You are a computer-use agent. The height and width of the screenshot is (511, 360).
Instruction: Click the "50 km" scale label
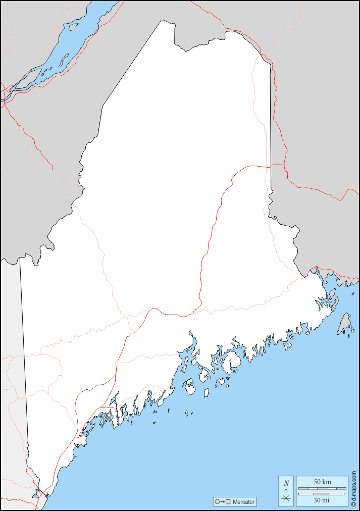tap(322, 482)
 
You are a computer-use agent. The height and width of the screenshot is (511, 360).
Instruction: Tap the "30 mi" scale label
tap(322, 500)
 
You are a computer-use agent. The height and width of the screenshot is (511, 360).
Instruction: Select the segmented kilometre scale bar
tap(322, 488)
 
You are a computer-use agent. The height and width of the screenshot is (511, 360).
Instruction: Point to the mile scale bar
tap(322, 494)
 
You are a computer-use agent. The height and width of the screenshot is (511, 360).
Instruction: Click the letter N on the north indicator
tap(286, 483)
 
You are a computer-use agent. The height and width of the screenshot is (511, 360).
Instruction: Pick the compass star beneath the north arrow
tap(286, 498)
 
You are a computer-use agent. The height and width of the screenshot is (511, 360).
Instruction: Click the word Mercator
tap(244, 502)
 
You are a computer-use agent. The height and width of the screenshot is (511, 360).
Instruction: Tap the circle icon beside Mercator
tap(217, 502)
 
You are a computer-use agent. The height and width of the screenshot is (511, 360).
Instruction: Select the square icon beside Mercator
tap(228, 502)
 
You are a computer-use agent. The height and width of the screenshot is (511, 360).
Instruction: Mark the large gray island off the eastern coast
tap(345, 323)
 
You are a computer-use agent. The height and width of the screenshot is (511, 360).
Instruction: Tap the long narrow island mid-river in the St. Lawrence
tap(63, 61)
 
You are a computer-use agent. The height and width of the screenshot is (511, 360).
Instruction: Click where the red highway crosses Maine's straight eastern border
tap(270, 165)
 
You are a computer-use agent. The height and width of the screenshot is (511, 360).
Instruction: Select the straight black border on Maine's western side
tap(24, 353)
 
